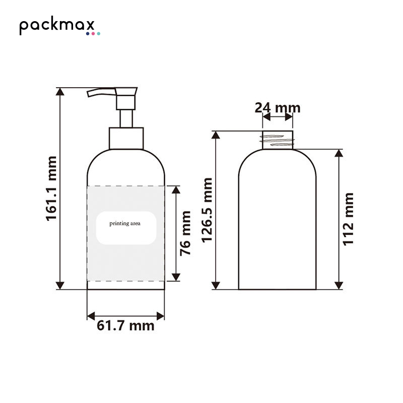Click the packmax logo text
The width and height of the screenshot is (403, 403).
57,26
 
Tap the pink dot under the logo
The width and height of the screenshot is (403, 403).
93,34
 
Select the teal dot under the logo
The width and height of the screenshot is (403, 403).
98,34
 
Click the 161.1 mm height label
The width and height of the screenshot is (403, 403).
51,188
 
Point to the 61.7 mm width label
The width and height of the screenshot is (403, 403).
125,325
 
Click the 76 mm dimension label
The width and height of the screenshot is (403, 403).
185,233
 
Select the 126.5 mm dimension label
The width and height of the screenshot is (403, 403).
207,210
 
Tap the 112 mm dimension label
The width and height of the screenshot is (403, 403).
348,219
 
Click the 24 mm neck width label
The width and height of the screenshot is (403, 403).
278,108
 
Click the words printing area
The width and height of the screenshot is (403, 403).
125,224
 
